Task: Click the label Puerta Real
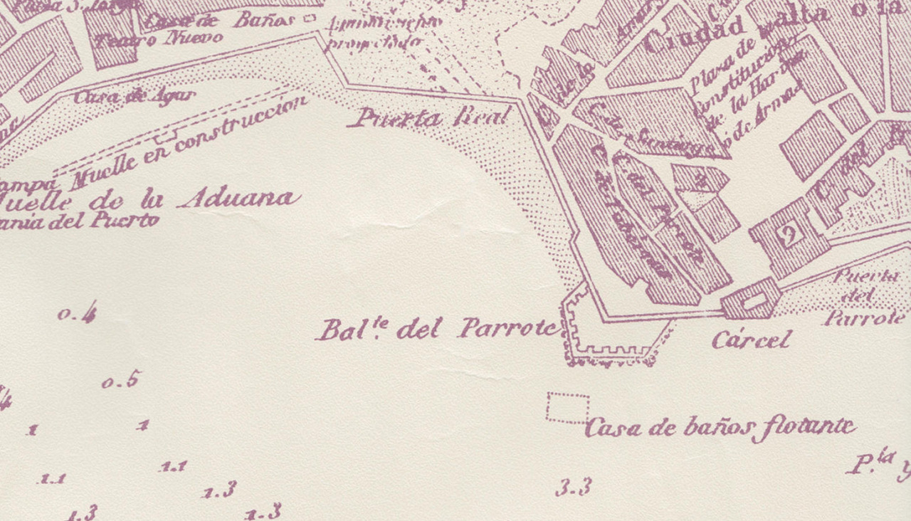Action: pos(431,117)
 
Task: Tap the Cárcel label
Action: pos(751,340)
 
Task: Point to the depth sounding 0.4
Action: pos(78,313)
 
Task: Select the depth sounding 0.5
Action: pos(120,381)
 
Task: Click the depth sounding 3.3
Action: pos(574,488)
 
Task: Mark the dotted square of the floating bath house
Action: pos(568,408)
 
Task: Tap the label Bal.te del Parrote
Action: pos(438,330)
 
